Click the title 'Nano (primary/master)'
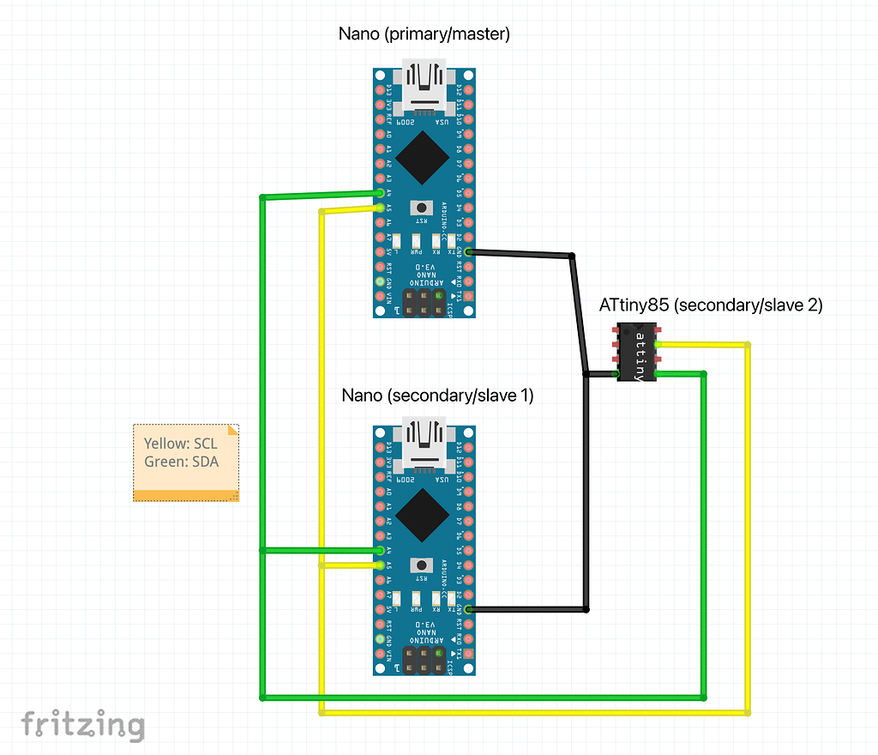tap(424, 34)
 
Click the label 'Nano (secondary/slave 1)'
tap(437, 396)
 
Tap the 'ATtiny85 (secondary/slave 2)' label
tap(710, 305)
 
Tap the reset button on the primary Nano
tap(421, 208)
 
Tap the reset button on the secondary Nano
tap(421, 565)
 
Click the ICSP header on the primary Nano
tap(424, 302)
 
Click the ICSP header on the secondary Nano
tap(424, 660)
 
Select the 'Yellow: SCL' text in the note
tap(180, 444)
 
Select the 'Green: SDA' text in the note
tap(181, 462)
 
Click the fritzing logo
tap(82, 725)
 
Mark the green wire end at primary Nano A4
tap(380, 193)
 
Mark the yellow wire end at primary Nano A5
tap(380, 207)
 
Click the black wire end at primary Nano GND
tap(470, 251)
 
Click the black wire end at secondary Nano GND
tap(470, 609)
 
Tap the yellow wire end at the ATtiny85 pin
tap(658, 345)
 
